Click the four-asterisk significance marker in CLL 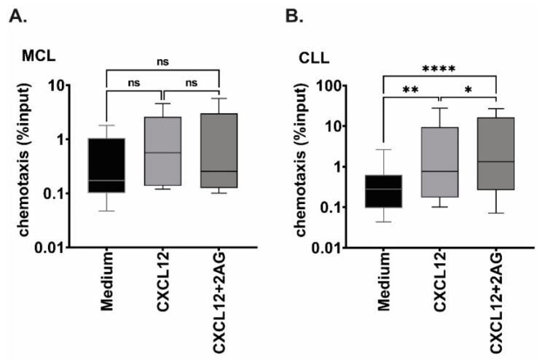(438, 70)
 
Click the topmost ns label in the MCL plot (163, 64)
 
